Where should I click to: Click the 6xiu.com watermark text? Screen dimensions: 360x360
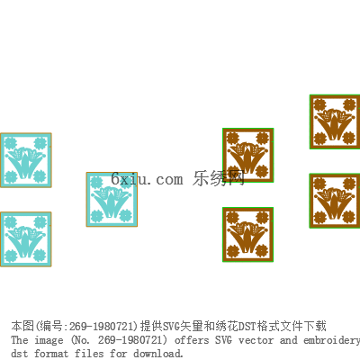point(147,179)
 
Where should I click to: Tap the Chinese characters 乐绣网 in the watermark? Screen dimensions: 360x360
point(219,178)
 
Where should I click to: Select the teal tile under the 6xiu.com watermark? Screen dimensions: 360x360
point(112,199)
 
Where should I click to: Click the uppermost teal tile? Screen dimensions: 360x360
point(26,160)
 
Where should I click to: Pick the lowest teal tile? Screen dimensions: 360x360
point(26,239)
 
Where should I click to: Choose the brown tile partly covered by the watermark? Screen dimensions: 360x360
point(247,155)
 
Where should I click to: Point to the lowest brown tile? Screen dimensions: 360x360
point(247,234)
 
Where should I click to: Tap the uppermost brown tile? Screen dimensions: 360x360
point(335,121)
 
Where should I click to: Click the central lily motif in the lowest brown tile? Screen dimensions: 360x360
point(247,237)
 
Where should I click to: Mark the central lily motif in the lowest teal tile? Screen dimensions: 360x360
point(26,241)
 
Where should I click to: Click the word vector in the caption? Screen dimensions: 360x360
point(256,340)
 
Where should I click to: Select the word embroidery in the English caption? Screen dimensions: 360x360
point(331,341)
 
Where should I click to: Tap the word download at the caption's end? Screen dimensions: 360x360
point(158,354)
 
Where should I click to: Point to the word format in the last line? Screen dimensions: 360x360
point(51,354)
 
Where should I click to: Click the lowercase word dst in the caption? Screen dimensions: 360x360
point(20,354)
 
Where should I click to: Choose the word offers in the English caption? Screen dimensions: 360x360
point(192,340)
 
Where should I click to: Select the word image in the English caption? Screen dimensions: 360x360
point(49,341)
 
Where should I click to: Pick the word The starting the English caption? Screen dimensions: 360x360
point(20,340)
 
